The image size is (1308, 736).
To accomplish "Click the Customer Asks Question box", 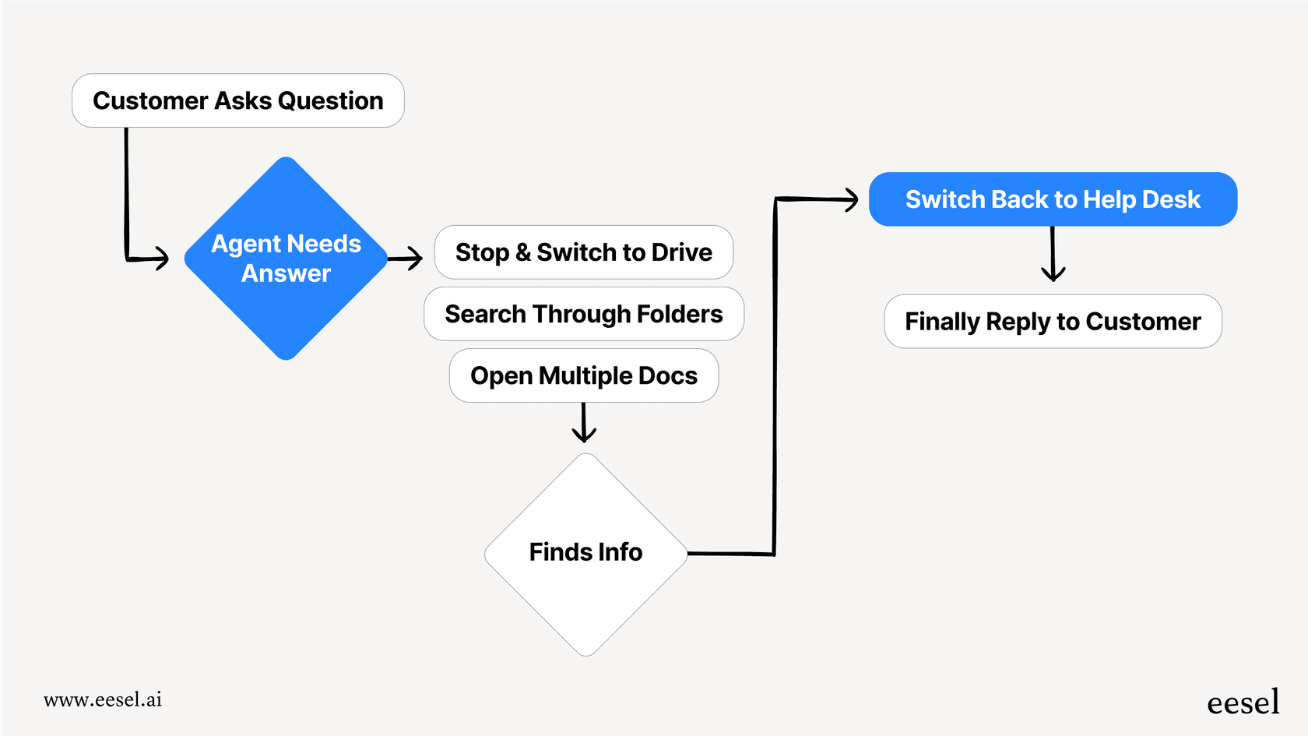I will click(x=237, y=100).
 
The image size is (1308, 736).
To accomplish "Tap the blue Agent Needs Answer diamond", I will click(x=286, y=259).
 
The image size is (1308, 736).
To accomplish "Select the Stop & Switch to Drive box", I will click(x=583, y=252).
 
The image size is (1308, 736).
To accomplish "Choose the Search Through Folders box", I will click(x=583, y=314).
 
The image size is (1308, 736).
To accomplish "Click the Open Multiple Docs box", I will click(x=583, y=375).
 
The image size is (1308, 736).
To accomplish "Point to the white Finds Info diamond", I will click(x=585, y=553).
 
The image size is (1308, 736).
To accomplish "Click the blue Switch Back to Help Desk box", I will click(x=1053, y=199).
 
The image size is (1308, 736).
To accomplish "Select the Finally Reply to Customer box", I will click(x=1053, y=322).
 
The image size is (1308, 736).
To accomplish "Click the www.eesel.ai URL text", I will click(x=103, y=699).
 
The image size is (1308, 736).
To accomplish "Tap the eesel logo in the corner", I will click(x=1243, y=703).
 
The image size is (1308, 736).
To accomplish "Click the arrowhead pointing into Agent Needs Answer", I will click(x=161, y=258).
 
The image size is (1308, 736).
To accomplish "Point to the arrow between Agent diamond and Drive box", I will click(x=406, y=258).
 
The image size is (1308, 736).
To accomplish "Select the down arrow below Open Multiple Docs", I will click(x=584, y=424).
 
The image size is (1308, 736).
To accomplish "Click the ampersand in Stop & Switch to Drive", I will click(x=522, y=252).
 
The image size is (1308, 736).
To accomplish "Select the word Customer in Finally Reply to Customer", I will click(x=1143, y=322).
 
